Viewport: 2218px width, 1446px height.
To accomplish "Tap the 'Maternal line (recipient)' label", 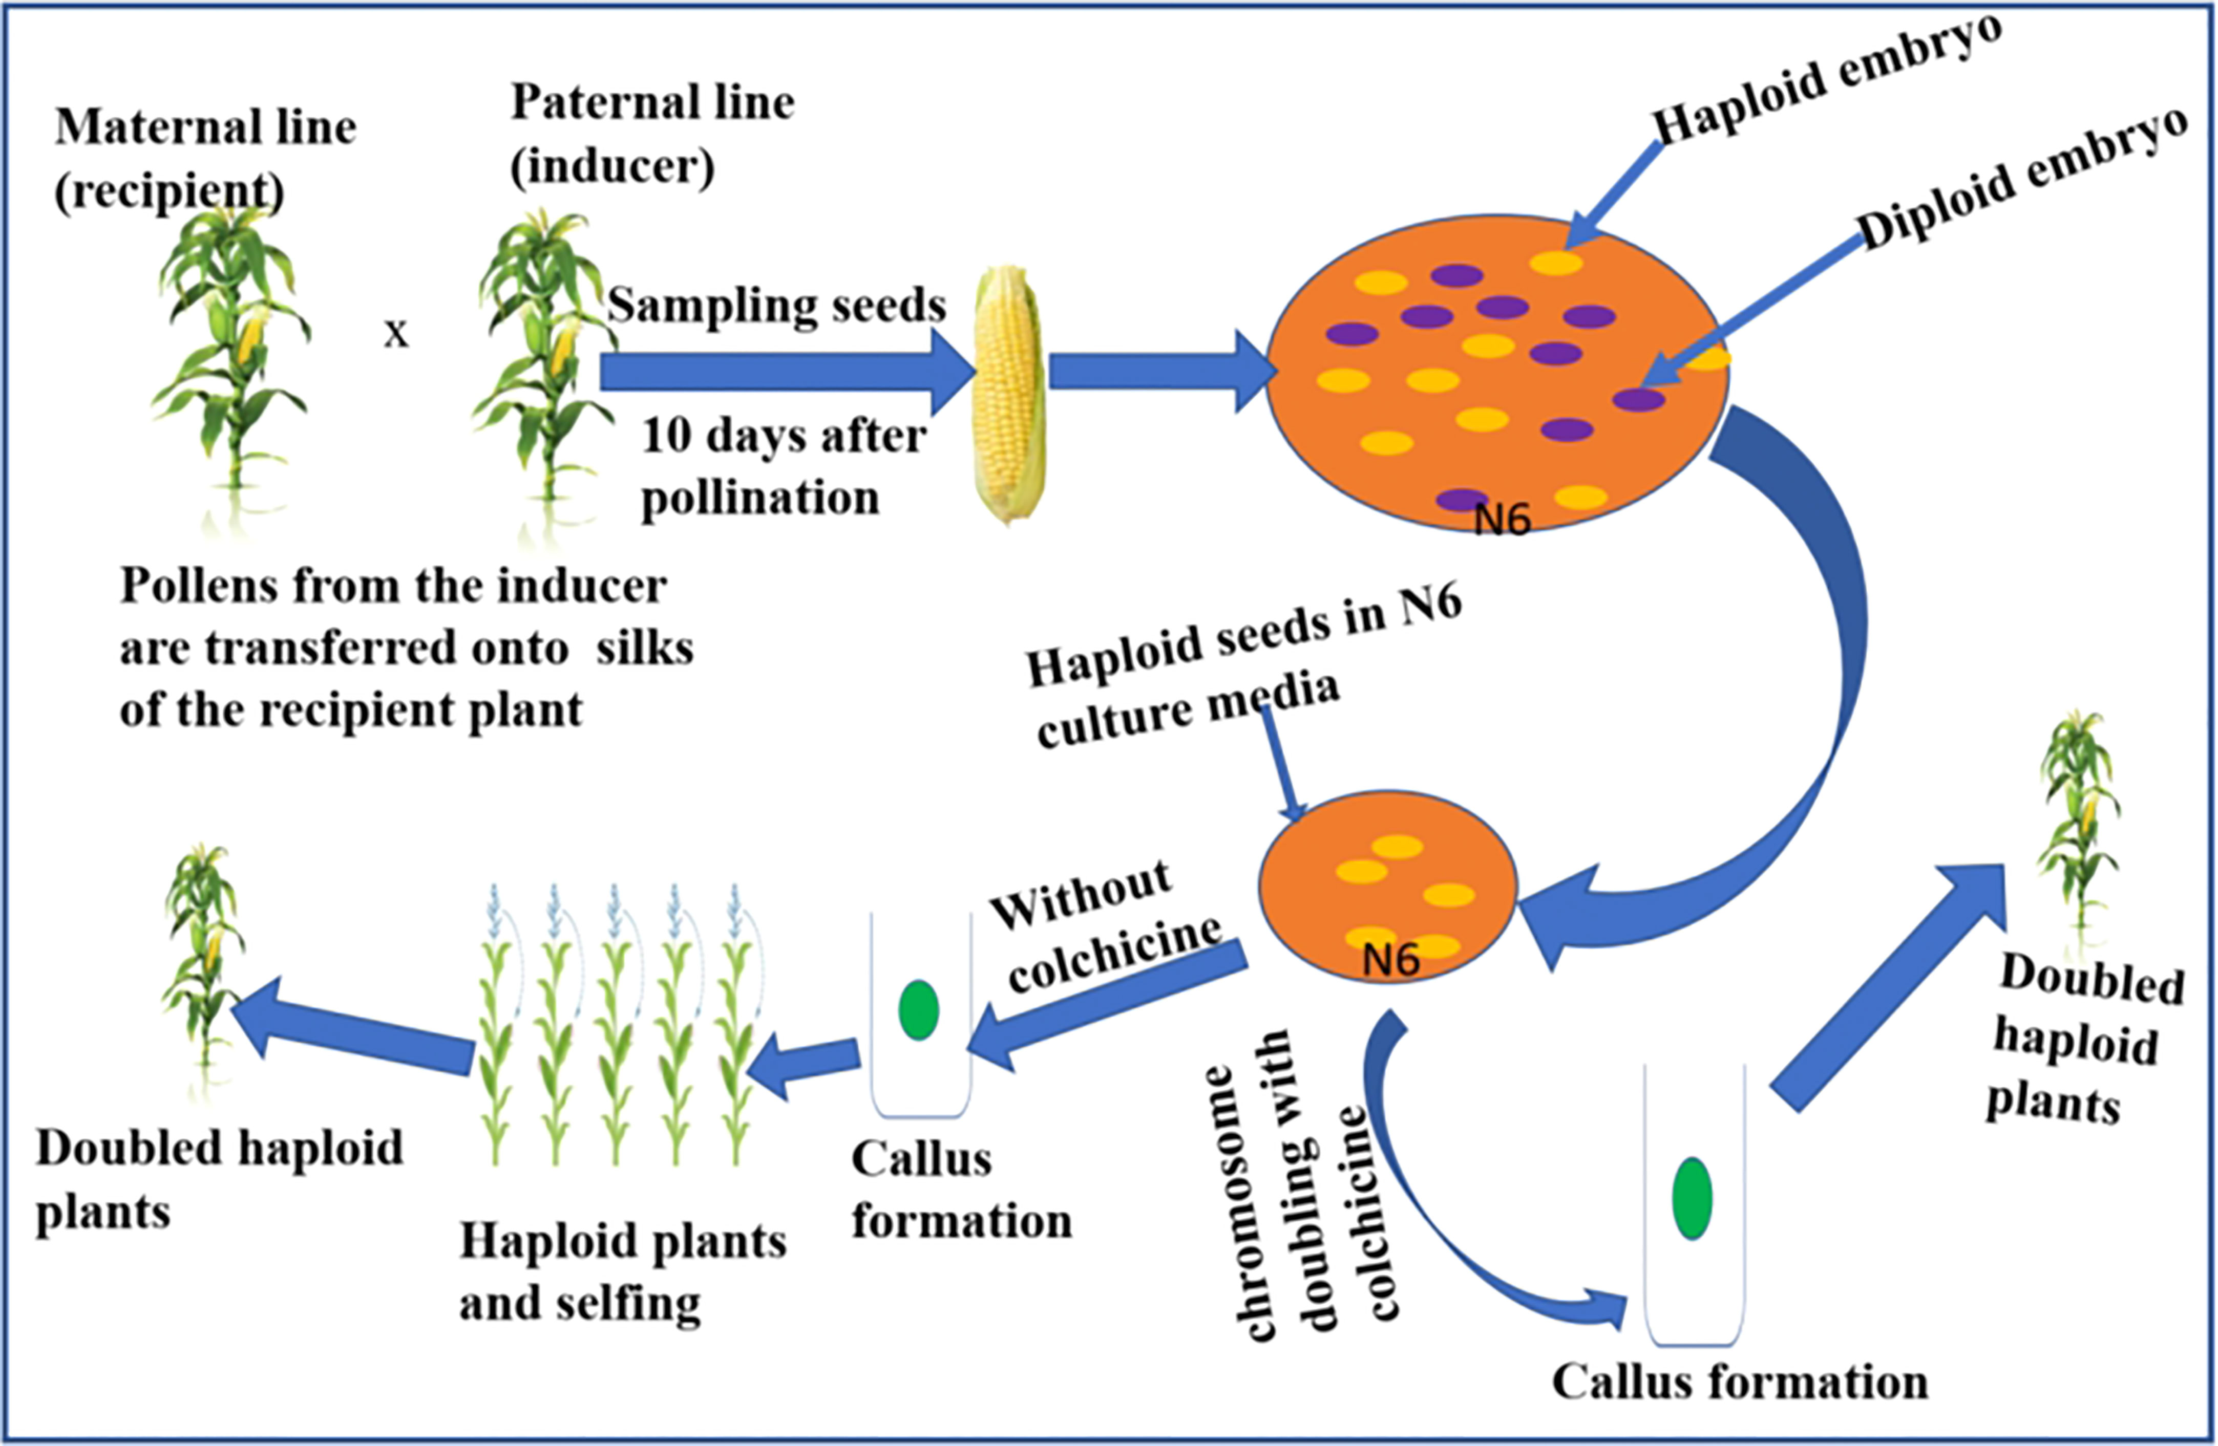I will pos(205,158).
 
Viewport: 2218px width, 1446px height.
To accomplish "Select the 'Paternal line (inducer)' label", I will pos(652,133).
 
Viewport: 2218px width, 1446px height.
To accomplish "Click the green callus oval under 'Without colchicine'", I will pos(919,1010).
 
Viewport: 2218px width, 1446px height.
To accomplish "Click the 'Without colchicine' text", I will pos(1104,927).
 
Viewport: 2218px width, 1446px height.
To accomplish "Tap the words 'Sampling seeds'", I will pos(776,305).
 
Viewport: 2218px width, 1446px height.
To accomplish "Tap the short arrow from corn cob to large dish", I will pos(1160,371).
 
